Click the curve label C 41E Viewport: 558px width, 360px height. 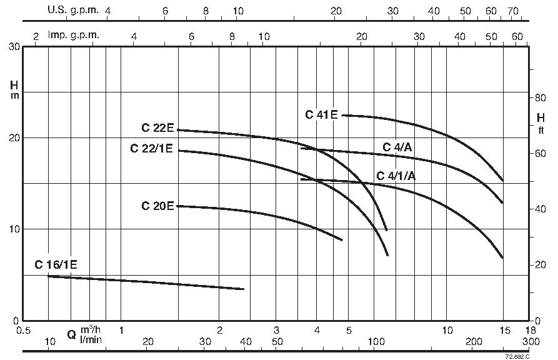[321, 114]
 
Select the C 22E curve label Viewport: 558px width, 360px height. [157, 128]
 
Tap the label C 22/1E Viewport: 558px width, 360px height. [151, 149]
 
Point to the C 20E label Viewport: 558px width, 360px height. [157, 206]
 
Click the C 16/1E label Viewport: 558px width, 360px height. [56, 264]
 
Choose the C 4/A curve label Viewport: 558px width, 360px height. [397, 147]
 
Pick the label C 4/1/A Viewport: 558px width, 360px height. [396, 176]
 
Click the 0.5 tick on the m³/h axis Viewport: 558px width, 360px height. [23, 329]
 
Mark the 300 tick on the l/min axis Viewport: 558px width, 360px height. [531, 341]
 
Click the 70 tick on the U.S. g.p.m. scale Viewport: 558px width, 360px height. [513, 11]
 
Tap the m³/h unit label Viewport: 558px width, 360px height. [91, 329]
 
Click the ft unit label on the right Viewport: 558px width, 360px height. [541, 130]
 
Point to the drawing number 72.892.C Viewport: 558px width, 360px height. [517, 356]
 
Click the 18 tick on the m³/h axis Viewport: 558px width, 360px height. [531, 329]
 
